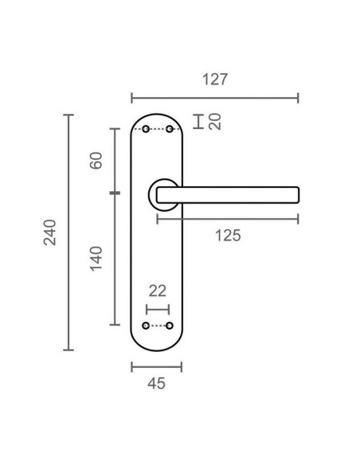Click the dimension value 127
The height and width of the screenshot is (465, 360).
tap(215, 80)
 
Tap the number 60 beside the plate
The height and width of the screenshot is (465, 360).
tap(96, 160)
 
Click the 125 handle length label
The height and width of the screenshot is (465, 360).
tap(227, 235)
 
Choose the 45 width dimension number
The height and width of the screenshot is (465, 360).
tap(157, 383)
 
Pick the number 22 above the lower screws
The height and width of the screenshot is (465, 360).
tap(157, 292)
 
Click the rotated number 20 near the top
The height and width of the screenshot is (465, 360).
tap(213, 122)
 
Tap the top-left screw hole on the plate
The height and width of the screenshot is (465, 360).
tap(145, 129)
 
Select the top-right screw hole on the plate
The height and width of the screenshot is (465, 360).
tap(170, 129)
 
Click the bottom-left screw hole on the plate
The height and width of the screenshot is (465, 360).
tap(145, 326)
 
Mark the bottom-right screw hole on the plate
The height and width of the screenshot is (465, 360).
tap(170, 326)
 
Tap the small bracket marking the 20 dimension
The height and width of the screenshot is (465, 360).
tap(198, 122)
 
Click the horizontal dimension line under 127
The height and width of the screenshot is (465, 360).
tap(215, 98)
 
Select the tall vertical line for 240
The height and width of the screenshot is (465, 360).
tap(68, 232)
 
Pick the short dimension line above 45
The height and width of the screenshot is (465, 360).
tap(157, 366)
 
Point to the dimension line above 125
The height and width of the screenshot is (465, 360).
tap(227, 218)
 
